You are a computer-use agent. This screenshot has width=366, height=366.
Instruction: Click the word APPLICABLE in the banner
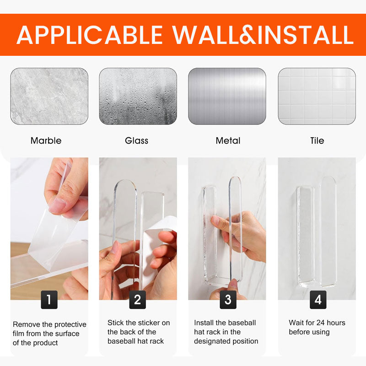pyautogui.click(x=90, y=35)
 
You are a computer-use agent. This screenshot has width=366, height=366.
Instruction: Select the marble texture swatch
pyautogui.click(x=49, y=96)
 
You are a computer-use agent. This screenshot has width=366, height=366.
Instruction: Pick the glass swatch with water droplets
pyautogui.click(x=138, y=96)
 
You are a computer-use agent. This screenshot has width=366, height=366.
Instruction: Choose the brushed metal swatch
pyautogui.click(x=227, y=96)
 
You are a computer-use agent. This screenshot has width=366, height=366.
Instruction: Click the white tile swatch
pyautogui.click(x=317, y=96)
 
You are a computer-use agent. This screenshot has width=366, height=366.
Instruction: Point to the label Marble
pyautogui.click(x=46, y=140)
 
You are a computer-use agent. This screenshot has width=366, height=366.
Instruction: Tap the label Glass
pyautogui.click(x=136, y=140)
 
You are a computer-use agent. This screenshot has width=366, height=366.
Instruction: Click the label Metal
pyautogui.click(x=228, y=140)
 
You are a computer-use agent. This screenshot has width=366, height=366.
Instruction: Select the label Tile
pyautogui.click(x=317, y=140)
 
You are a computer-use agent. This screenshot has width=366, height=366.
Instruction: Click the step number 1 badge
pyautogui.click(x=49, y=300)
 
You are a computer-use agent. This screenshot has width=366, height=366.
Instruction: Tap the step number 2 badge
pyautogui.click(x=138, y=300)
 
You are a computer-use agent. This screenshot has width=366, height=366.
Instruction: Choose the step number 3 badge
pyautogui.click(x=228, y=300)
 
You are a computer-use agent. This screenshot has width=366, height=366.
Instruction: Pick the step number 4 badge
pyautogui.click(x=318, y=300)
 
